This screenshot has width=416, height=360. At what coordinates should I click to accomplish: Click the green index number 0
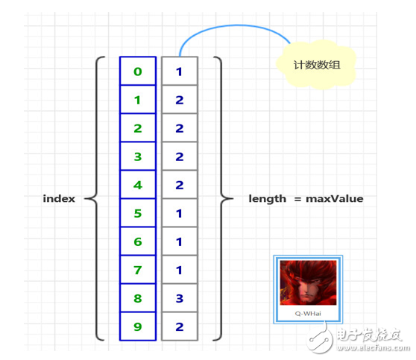(138, 72)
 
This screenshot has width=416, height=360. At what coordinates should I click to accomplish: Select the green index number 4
(138, 185)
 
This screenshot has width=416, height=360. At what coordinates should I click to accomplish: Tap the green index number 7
(138, 270)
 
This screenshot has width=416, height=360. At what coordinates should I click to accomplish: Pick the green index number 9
(138, 326)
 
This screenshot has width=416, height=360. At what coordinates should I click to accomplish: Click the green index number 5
(138, 213)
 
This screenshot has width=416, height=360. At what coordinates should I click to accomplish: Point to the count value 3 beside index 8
(180, 298)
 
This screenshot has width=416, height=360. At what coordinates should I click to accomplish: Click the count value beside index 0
(180, 72)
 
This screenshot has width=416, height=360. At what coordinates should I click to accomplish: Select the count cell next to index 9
(180, 326)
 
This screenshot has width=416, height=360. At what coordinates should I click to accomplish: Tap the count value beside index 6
(180, 241)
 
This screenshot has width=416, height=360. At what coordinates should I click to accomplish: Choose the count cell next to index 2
(180, 128)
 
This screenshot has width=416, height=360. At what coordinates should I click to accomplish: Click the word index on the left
(59, 198)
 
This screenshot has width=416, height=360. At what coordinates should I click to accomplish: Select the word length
(267, 199)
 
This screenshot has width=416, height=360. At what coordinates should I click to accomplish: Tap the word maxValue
(335, 199)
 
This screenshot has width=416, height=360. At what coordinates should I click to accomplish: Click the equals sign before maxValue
(297, 199)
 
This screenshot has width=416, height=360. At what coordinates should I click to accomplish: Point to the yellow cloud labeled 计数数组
(316, 64)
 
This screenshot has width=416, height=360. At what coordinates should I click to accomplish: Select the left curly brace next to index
(95, 198)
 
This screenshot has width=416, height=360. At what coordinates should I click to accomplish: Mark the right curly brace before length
(222, 198)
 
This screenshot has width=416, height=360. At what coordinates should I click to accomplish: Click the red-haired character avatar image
(308, 282)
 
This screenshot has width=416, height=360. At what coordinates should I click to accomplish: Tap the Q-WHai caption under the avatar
(308, 314)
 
